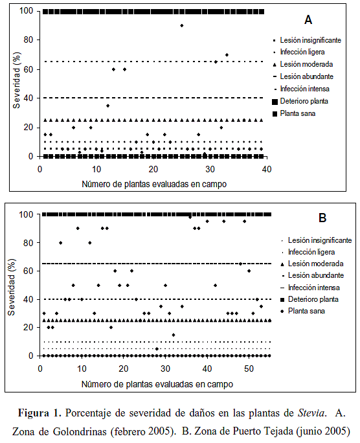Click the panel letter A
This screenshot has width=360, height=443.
tap(308, 20)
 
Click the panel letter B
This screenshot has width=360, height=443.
tap(322, 218)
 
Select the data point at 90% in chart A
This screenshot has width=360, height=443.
tap(182, 25)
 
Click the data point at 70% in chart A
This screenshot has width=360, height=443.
tap(227, 55)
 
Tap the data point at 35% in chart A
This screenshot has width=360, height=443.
tap(108, 106)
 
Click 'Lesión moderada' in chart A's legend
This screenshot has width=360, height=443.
tap(306, 64)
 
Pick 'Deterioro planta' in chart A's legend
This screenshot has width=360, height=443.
tap(304, 101)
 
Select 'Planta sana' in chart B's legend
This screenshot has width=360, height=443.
tap(306, 311)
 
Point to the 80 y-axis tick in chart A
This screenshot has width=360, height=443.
tap(28, 40)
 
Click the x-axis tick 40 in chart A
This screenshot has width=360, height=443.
tap(267, 170)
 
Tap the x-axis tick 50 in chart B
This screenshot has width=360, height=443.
tap(249, 369)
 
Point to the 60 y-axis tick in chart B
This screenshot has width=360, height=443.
tap(28, 271)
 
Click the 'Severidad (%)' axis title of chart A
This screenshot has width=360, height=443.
tap(17, 80)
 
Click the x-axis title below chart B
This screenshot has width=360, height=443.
tap(157, 384)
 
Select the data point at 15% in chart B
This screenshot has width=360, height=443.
tap(174, 335)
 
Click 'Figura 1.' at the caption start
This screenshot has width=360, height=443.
tap(39, 413)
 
